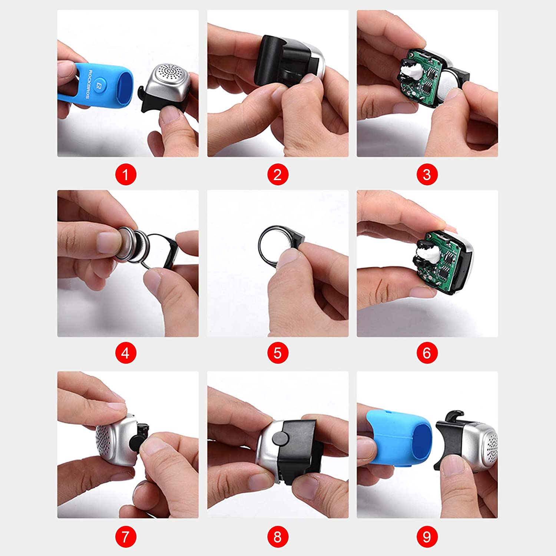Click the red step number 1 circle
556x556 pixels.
126,175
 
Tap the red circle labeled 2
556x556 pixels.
278,175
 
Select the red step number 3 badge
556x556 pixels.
427,175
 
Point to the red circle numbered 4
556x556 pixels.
126,353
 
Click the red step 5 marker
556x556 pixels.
278,353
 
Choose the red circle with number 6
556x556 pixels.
427,353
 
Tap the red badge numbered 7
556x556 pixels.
126,537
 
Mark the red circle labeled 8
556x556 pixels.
278,537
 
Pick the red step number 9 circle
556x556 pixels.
427,537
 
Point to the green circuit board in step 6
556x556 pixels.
441,261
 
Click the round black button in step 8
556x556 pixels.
281,438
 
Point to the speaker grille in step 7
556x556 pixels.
107,441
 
